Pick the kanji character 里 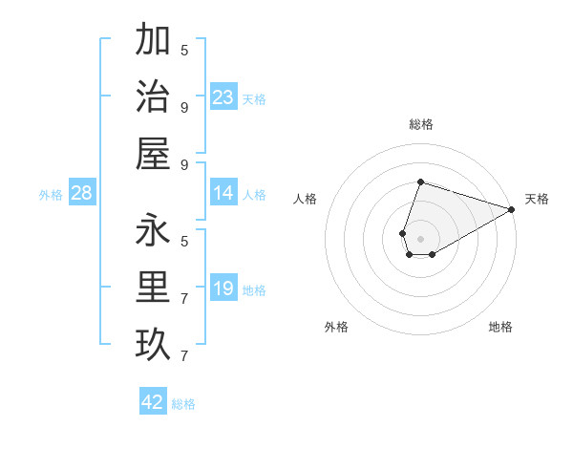coord(154,288)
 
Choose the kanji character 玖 coord(154,344)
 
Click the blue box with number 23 coord(223,97)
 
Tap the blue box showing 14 coord(223,194)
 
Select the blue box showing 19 coord(223,289)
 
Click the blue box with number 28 coord(82,194)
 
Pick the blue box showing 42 coord(153,402)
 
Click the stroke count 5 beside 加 coord(184,50)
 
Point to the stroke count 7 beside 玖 coord(184,355)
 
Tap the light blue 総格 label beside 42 coord(184,404)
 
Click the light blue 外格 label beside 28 coord(51,195)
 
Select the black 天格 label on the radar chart coord(537,199)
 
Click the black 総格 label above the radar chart coord(420,124)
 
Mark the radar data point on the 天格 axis coord(512,209)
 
